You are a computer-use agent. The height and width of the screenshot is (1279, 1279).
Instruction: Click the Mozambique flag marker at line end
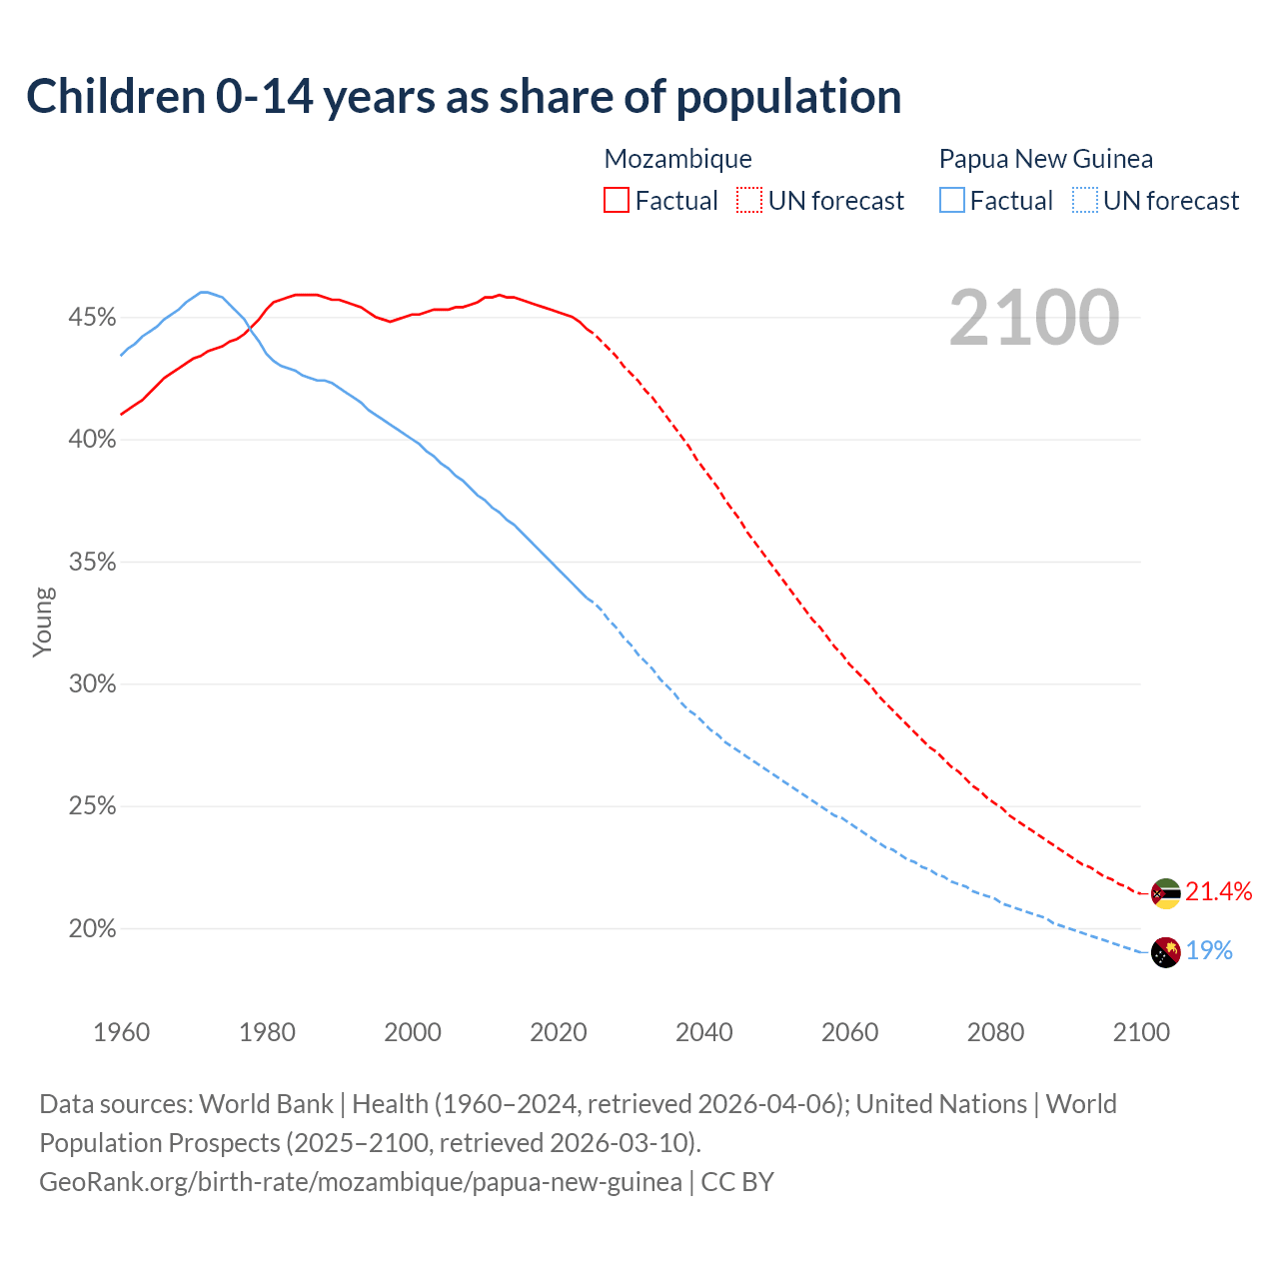[x=1165, y=893]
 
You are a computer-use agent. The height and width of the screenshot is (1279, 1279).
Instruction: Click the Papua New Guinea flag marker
[x=1165, y=952]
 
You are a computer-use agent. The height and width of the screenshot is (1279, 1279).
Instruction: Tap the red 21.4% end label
[x=1219, y=892]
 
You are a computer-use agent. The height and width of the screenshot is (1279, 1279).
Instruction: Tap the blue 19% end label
[x=1209, y=951]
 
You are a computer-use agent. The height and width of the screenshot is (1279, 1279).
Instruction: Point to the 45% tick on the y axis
[x=92, y=318]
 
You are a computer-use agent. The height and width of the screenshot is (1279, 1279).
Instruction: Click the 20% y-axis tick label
[x=92, y=929]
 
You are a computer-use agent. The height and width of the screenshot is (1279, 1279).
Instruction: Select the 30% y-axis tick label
[x=92, y=684]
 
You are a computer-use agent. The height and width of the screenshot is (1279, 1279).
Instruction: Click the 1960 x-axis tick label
[x=121, y=1032]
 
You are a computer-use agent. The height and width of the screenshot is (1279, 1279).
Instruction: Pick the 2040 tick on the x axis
[x=704, y=1032]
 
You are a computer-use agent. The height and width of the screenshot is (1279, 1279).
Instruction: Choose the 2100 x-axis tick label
[x=1141, y=1032]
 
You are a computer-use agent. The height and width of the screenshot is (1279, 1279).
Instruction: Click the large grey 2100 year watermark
[x=1034, y=318]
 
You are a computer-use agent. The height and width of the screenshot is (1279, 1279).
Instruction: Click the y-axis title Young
[x=43, y=622]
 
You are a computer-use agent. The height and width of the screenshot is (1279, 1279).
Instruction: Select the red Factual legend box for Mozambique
[x=617, y=201]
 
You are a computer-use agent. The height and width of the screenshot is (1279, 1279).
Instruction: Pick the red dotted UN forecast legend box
[x=749, y=201]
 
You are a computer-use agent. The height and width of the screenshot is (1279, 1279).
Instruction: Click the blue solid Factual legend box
[x=952, y=201]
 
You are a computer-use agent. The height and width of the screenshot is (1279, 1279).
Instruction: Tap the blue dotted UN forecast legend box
[x=1085, y=201]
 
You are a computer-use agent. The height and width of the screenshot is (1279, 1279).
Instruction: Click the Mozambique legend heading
[x=677, y=159]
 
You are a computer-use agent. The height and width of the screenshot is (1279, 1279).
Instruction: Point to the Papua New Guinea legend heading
[x=1045, y=159]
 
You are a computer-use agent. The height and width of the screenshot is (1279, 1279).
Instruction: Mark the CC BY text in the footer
[x=737, y=1182]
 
